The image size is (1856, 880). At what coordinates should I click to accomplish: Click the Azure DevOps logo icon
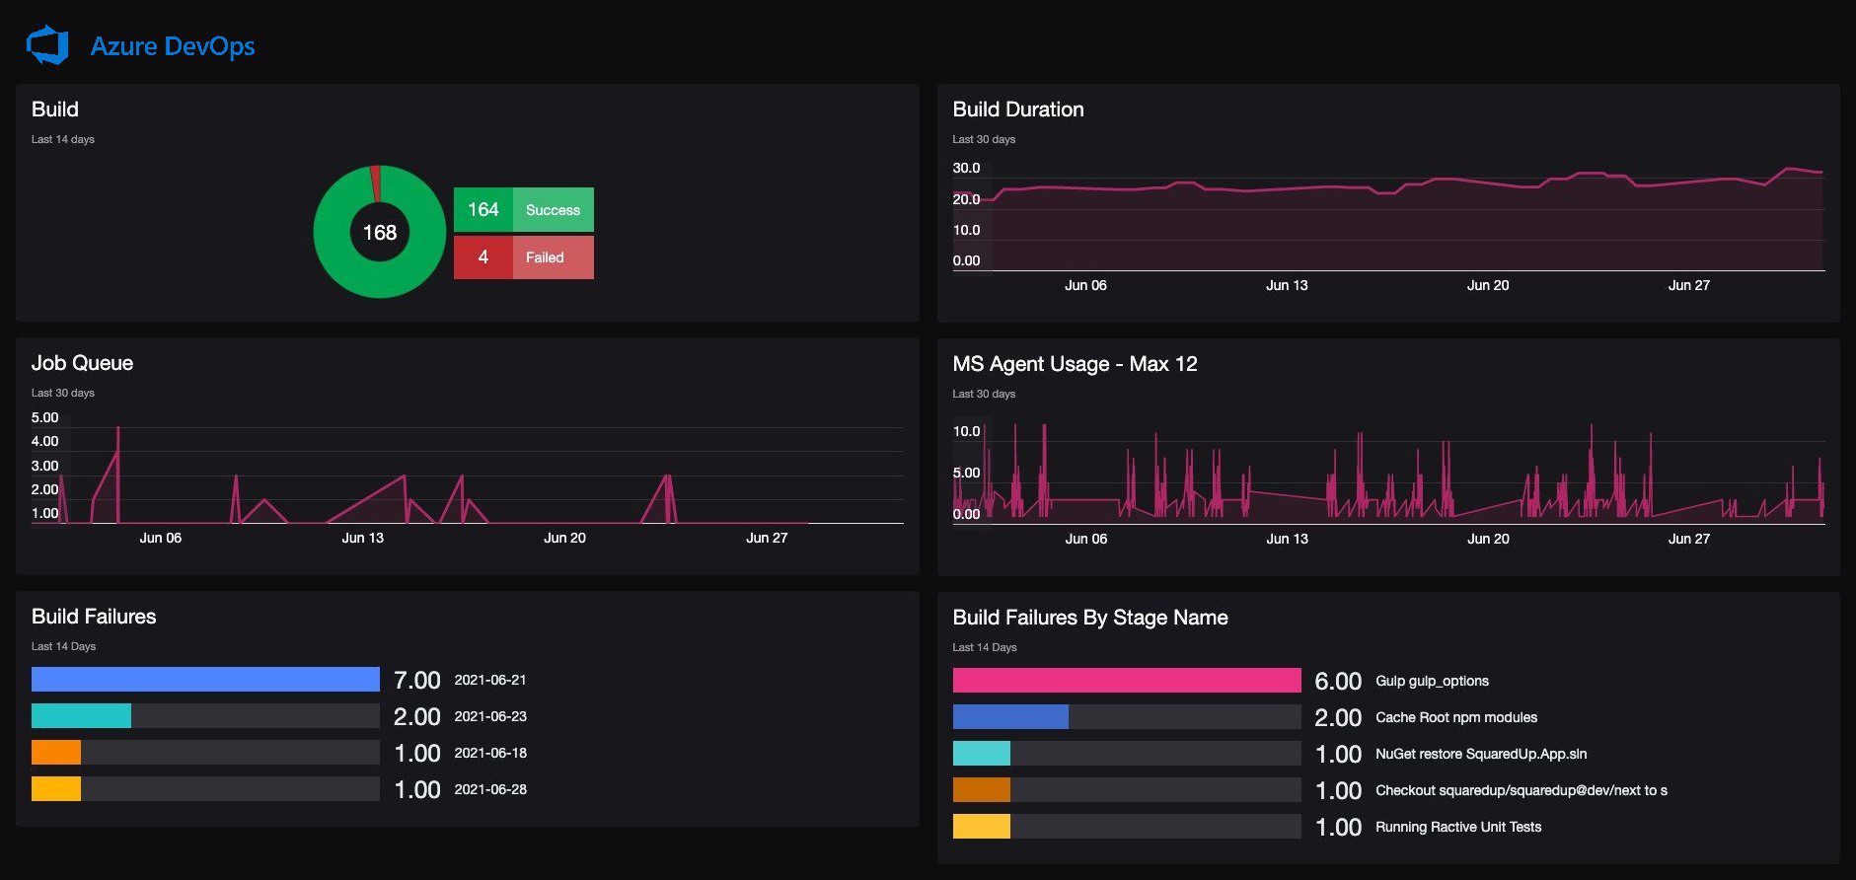pyautogui.click(x=47, y=45)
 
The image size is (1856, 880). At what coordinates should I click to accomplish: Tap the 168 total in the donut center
pyautogui.click(x=380, y=233)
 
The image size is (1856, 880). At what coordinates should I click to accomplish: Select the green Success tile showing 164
pyautogui.click(x=524, y=209)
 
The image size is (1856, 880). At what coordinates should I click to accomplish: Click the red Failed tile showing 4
pyautogui.click(x=524, y=257)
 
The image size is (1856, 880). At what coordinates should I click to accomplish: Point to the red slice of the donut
pyautogui.click(x=375, y=183)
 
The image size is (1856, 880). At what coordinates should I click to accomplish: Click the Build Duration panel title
pyautogui.click(x=1018, y=110)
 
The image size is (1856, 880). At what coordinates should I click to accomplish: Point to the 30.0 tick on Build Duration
pyautogui.click(x=966, y=168)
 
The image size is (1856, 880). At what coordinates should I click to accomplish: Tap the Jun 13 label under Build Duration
pyautogui.click(x=1287, y=285)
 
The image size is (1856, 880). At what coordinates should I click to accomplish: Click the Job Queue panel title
pyautogui.click(x=82, y=363)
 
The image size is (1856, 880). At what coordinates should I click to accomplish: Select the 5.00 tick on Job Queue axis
pyautogui.click(x=44, y=417)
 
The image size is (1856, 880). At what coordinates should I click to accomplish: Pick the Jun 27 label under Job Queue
pyautogui.click(x=767, y=538)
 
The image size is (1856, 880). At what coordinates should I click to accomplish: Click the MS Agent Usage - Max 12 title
pyautogui.click(x=1075, y=364)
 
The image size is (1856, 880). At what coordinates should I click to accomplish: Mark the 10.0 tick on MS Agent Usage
pyautogui.click(x=966, y=431)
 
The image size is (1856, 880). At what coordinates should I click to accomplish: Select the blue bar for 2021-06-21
pyautogui.click(x=205, y=679)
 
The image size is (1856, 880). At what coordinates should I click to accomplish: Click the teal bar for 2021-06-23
pyautogui.click(x=81, y=715)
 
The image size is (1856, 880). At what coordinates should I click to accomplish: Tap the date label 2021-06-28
pyautogui.click(x=490, y=789)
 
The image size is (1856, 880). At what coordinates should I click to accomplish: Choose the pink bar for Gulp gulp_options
pyautogui.click(x=1127, y=680)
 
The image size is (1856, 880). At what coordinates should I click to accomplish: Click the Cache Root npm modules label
pyautogui.click(x=1456, y=717)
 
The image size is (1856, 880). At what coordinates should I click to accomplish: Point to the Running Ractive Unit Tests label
pyautogui.click(x=1458, y=827)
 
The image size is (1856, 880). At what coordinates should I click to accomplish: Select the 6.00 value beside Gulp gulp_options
pyautogui.click(x=1338, y=681)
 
